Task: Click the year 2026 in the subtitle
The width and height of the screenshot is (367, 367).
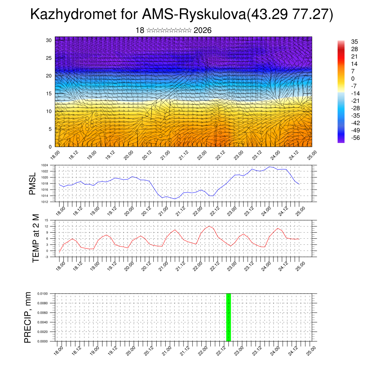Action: (202, 30)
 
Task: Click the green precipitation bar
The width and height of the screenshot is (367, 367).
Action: (228, 317)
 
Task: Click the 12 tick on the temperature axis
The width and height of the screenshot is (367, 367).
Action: (46, 226)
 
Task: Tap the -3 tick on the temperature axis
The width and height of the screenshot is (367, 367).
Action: (46, 257)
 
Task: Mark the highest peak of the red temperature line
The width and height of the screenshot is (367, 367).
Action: (209, 226)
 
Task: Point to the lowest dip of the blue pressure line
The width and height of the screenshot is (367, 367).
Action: (175, 199)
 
